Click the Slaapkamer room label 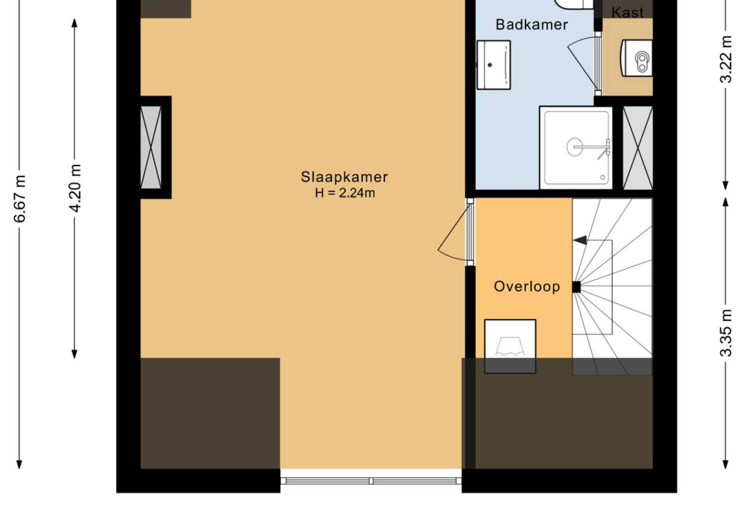point(344,177)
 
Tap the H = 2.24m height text point(345,193)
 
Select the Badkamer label point(531,25)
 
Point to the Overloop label point(527,287)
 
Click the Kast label point(628,13)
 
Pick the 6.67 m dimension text point(19,198)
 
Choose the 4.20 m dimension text point(75,188)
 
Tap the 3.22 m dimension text point(726,59)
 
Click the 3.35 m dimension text point(726,333)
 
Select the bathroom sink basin point(493,65)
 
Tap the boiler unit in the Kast point(636,58)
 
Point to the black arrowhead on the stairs point(580,240)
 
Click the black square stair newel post point(577,287)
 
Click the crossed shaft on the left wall point(151,147)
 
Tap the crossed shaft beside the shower point(638,148)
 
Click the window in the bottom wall point(371,481)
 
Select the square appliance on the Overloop point(510,347)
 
